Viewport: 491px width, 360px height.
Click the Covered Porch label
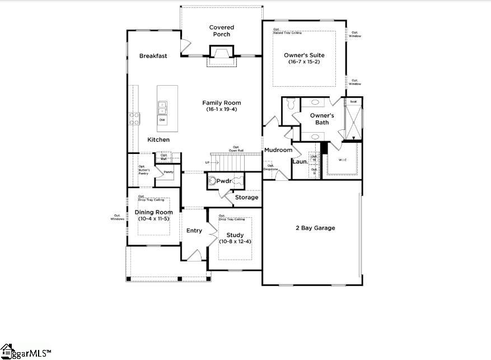pyautogui.click(x=222, y=31)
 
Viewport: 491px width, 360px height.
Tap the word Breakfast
pyautogui.click(x=153, y=56)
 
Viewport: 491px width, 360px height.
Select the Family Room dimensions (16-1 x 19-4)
pyautogui.click(x=222, y=109)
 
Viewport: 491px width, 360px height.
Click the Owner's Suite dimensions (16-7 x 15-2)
pyautogui.click(x=304, y=63)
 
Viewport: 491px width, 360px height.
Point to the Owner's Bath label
pyautogui.click(x=322, y=119)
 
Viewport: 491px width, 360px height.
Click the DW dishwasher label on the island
pyautogui.click(x=162, y=120)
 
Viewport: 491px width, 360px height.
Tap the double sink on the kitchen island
pyautogui.click(x=162, y=106)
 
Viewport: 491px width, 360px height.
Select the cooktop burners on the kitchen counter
pyautogui.click(x=135, y=118)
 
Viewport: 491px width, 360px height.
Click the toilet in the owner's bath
pyautogui.click(x=289, y=105)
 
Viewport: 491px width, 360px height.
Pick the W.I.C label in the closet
pyautogui.click(x=342, y=160)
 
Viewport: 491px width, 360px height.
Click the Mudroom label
pyautogui.click(x=278, y=150)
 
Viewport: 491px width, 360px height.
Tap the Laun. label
pyautogui.click(x=299, y=162)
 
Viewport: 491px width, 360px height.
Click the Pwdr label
pyautogui.click(x=224, y=181)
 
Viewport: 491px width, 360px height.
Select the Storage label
pyautogui.click(x=246, y=197)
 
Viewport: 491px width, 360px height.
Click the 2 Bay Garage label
pyautogui.click(x=315, y=228)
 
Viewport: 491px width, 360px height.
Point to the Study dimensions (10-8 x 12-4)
pyautogui.click(x=235, y=241)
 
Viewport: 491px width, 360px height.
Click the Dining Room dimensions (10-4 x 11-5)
pyautogui.click(x=153, y=219)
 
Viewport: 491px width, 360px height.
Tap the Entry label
pyautogui.click(x=194, y=231)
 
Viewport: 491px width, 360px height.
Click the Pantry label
pyautogui.click(x=168, y=172)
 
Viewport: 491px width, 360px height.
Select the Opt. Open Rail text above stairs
pyautogui.click(x=236, y=148)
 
